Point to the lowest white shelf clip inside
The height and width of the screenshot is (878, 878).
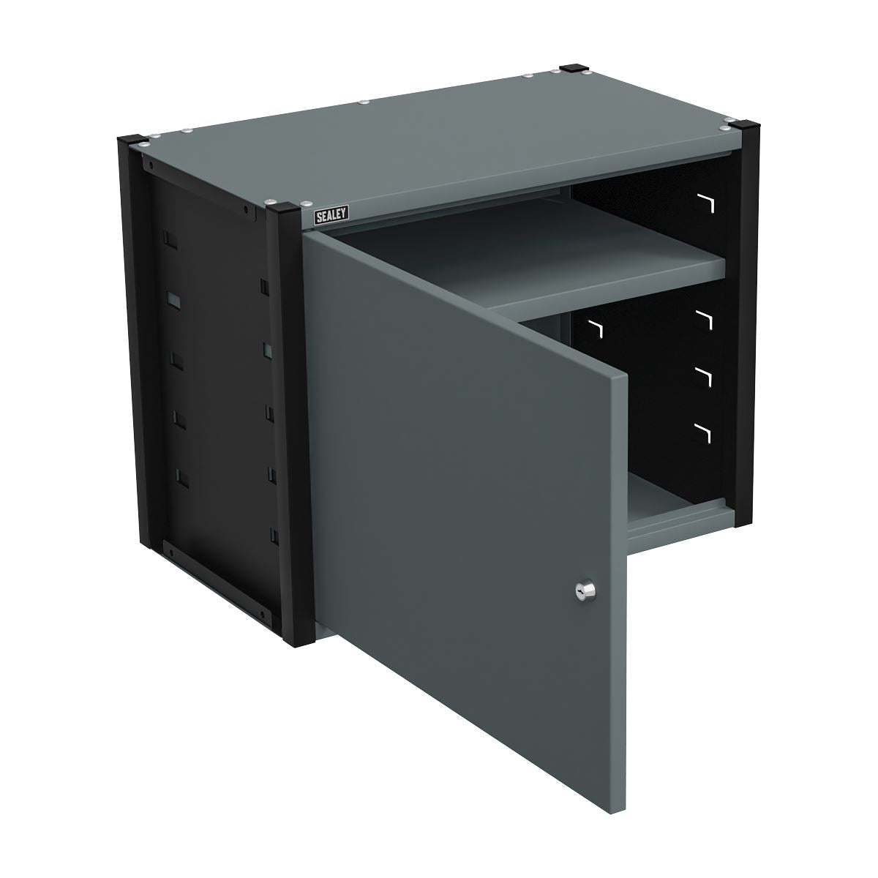(704, 432)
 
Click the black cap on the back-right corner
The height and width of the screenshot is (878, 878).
(571, 70)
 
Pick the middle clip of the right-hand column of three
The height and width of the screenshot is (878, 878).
(704, 375)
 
